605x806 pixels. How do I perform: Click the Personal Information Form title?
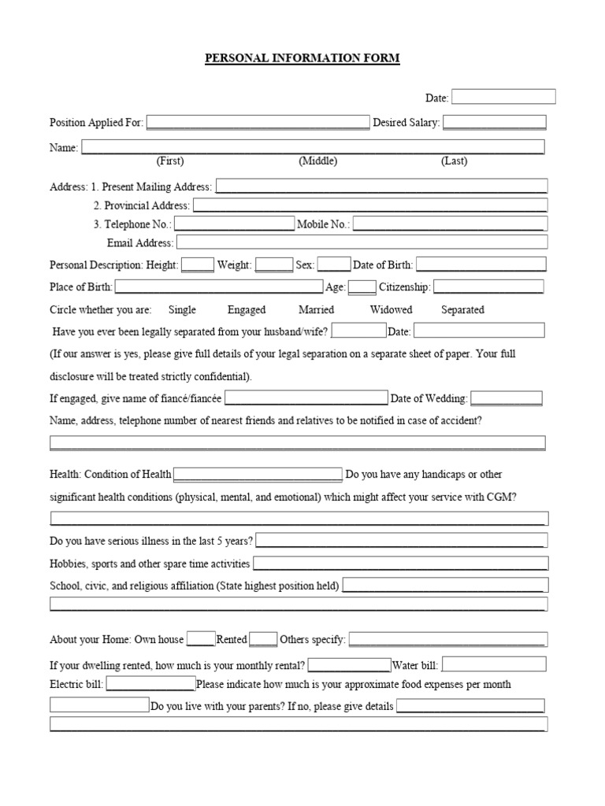tap(302, 59)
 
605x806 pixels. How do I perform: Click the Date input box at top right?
tap(503, 97)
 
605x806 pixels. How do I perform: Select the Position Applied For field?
tap(258, 122)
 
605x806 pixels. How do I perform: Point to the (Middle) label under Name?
tap(317, 161)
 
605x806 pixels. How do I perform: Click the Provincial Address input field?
tap(369, 205)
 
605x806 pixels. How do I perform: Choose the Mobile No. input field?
tap(450, 224)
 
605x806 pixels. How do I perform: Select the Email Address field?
tap(361, 242)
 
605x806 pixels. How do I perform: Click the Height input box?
tap(198, 265)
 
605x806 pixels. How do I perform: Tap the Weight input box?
tap(274, 265)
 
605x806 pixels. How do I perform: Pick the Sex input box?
tap(334, 265)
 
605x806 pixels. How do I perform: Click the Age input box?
tap(362, 287)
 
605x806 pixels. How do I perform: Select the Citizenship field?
tap(488, 287)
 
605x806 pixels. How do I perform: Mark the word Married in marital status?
tap(316, 309)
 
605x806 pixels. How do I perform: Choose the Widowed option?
tap(392, 309)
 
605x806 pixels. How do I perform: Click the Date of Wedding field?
tap(507, 398)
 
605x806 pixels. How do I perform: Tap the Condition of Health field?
tap(258, 474)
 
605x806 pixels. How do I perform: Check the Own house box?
tap(201, 639)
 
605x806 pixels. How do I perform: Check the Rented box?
tap(263, 639)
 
